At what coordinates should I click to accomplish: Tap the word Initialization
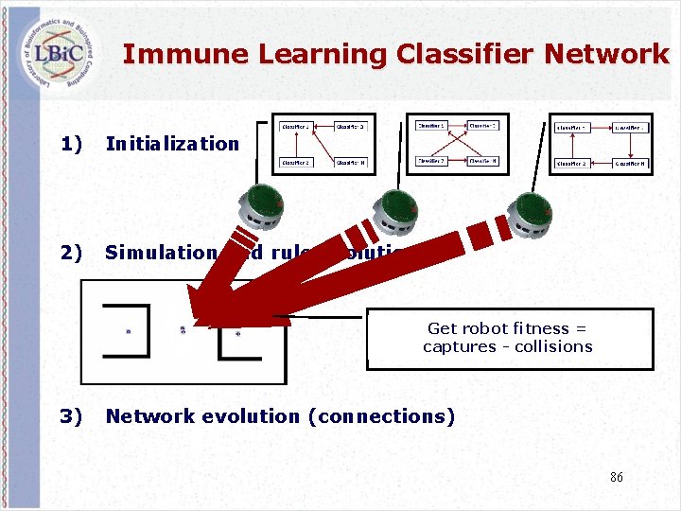click(172, 144)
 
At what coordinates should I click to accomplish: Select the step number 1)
click(71, 144)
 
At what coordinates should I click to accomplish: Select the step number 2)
click(71, 253)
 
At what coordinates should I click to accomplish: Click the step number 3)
click(71, 416)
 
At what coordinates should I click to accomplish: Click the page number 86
click(616, 478)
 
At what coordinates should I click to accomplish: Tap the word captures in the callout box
click(456, 346)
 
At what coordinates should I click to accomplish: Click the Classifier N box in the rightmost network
click(631, 163)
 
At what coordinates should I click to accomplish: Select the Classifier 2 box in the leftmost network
click(296, 162)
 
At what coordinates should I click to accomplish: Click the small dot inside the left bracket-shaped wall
click(128, 331)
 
